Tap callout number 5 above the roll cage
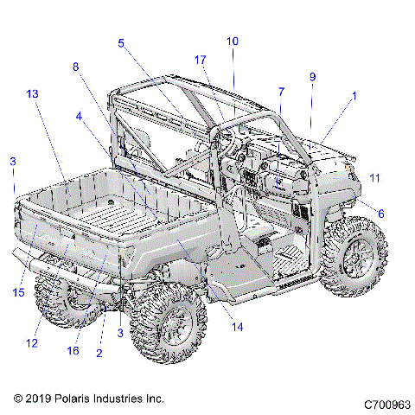tap(121, 41)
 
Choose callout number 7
tap(281, 92)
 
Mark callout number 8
tap(76, 67)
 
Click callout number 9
tap(312, 76)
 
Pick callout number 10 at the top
tap(232, 41)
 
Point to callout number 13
tap(32, 93)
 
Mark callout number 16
tap(73, 351)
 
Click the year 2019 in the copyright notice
tap(36, 399)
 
